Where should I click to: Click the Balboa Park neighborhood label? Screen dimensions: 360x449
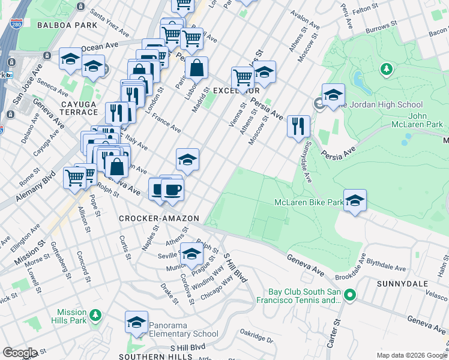tap(58, 25)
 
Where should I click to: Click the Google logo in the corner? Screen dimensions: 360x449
tap(20, 353)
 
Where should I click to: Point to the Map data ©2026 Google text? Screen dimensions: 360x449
tap(411, 355)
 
